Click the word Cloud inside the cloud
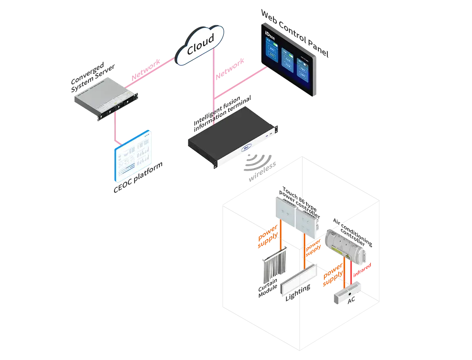pos(200,45)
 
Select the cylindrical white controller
pos(346,248)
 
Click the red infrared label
pos(362,271)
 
